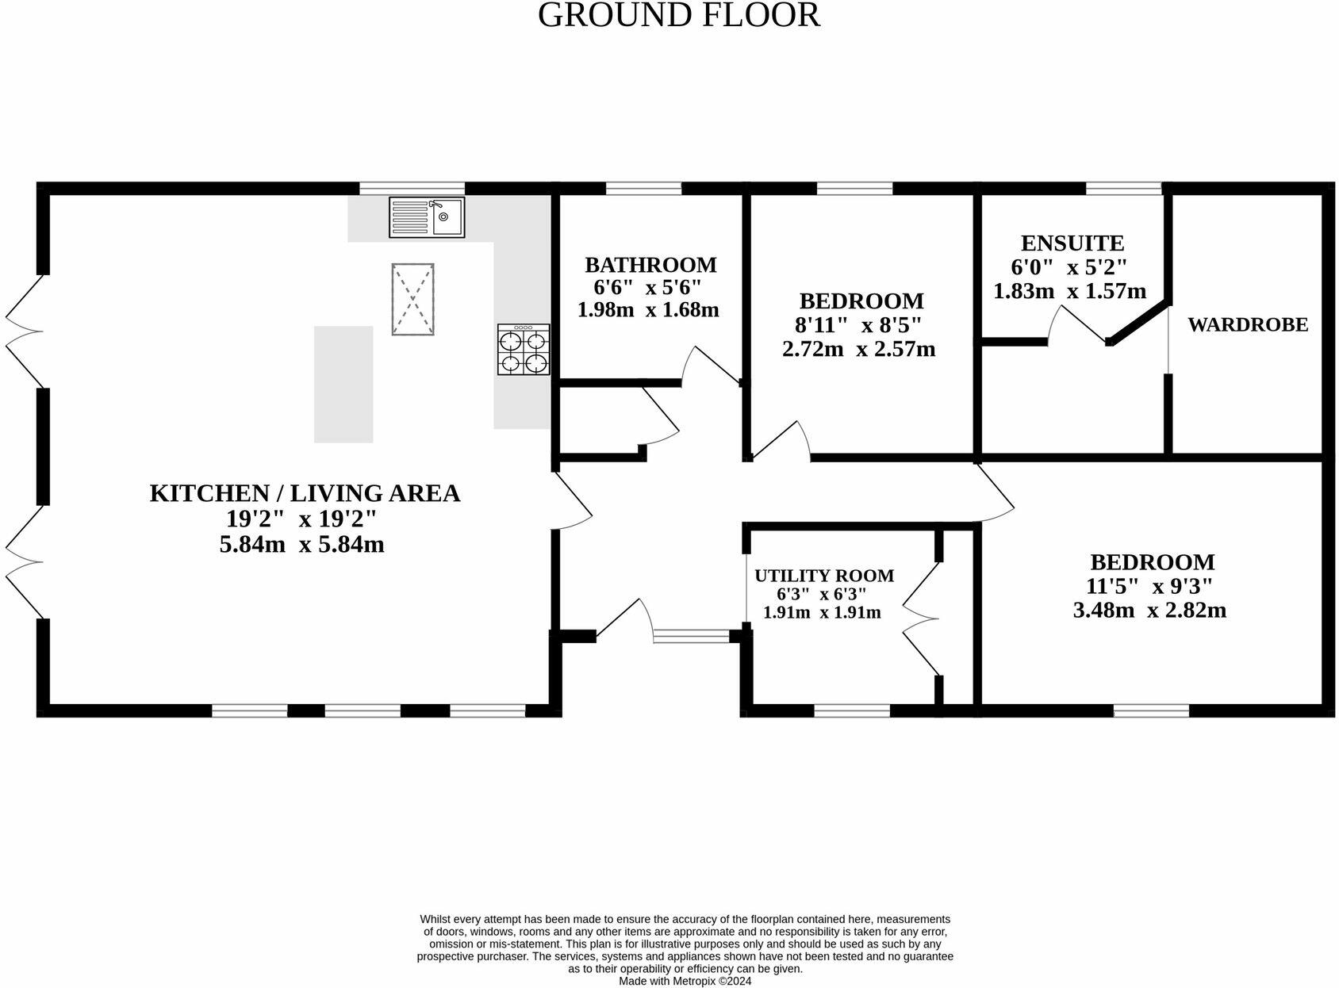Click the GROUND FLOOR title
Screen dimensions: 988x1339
tap(678, 16)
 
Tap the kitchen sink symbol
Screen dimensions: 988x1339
tap(427, 217)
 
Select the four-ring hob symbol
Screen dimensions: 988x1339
tap(524, 349)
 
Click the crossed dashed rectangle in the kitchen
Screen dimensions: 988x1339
tap(412, 300)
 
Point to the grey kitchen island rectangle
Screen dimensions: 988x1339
tap(343, 384)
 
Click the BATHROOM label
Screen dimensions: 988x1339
tap(650, 265)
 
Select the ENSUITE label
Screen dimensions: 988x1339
tap(1072, 243)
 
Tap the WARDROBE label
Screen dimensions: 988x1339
tap(1247, 324)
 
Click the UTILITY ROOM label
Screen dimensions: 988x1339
tap(823, 576)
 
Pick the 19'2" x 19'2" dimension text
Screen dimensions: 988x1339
tap(301, 519)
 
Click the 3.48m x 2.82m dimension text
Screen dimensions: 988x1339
tap(1149, 611)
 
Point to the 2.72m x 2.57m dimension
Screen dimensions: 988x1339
tap(859, 349)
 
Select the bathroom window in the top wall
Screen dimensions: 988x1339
tap(643, 189)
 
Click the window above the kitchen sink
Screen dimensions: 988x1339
tap(412, 189)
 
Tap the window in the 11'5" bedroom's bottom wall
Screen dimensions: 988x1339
tap(1151, 710)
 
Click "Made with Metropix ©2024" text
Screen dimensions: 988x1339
tap(685, 981)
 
